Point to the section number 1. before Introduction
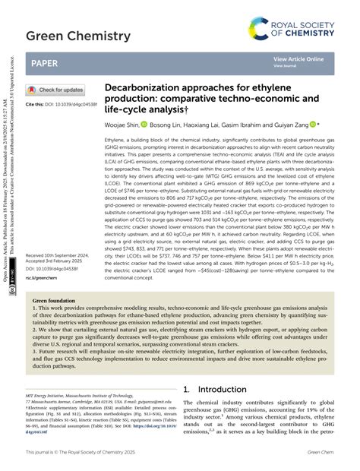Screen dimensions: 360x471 coord(187,388)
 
